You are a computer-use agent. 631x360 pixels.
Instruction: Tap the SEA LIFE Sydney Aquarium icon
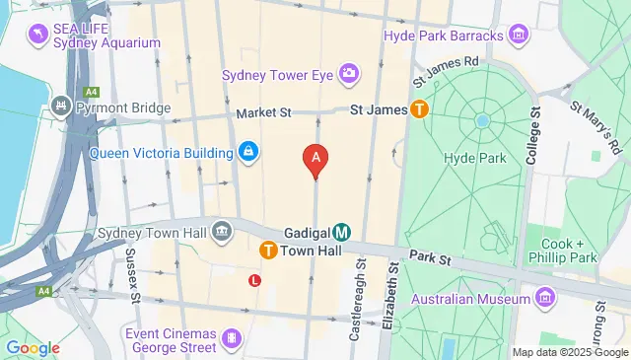coord(38,35)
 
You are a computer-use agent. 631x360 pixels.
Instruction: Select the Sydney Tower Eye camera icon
coord(348,73)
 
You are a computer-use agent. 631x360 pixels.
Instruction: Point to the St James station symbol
coord(420,110)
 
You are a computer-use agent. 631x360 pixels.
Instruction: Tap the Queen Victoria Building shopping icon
coord(248,152)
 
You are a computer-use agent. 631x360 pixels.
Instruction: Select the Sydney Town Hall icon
coord(223,233)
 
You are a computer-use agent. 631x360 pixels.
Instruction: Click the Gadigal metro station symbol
coord(341,233)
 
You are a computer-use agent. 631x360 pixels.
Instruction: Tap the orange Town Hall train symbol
coord(267,252)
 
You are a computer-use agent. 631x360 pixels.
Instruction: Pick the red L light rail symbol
coord(255,280)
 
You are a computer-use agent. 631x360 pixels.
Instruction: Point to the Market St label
coord(262,112)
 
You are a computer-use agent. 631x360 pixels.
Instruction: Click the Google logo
coord(33,347)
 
